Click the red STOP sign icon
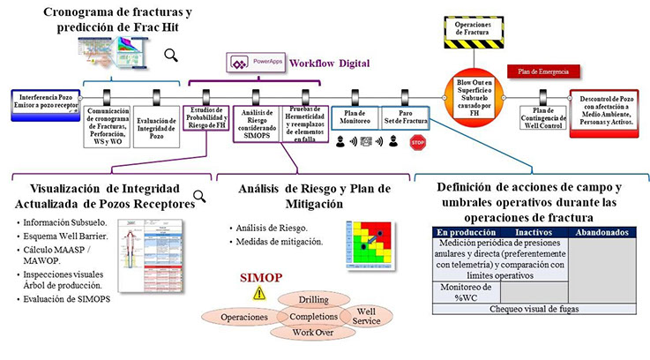coord(418,142)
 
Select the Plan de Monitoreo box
coord(355,117)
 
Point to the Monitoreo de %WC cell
coord(463,292)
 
